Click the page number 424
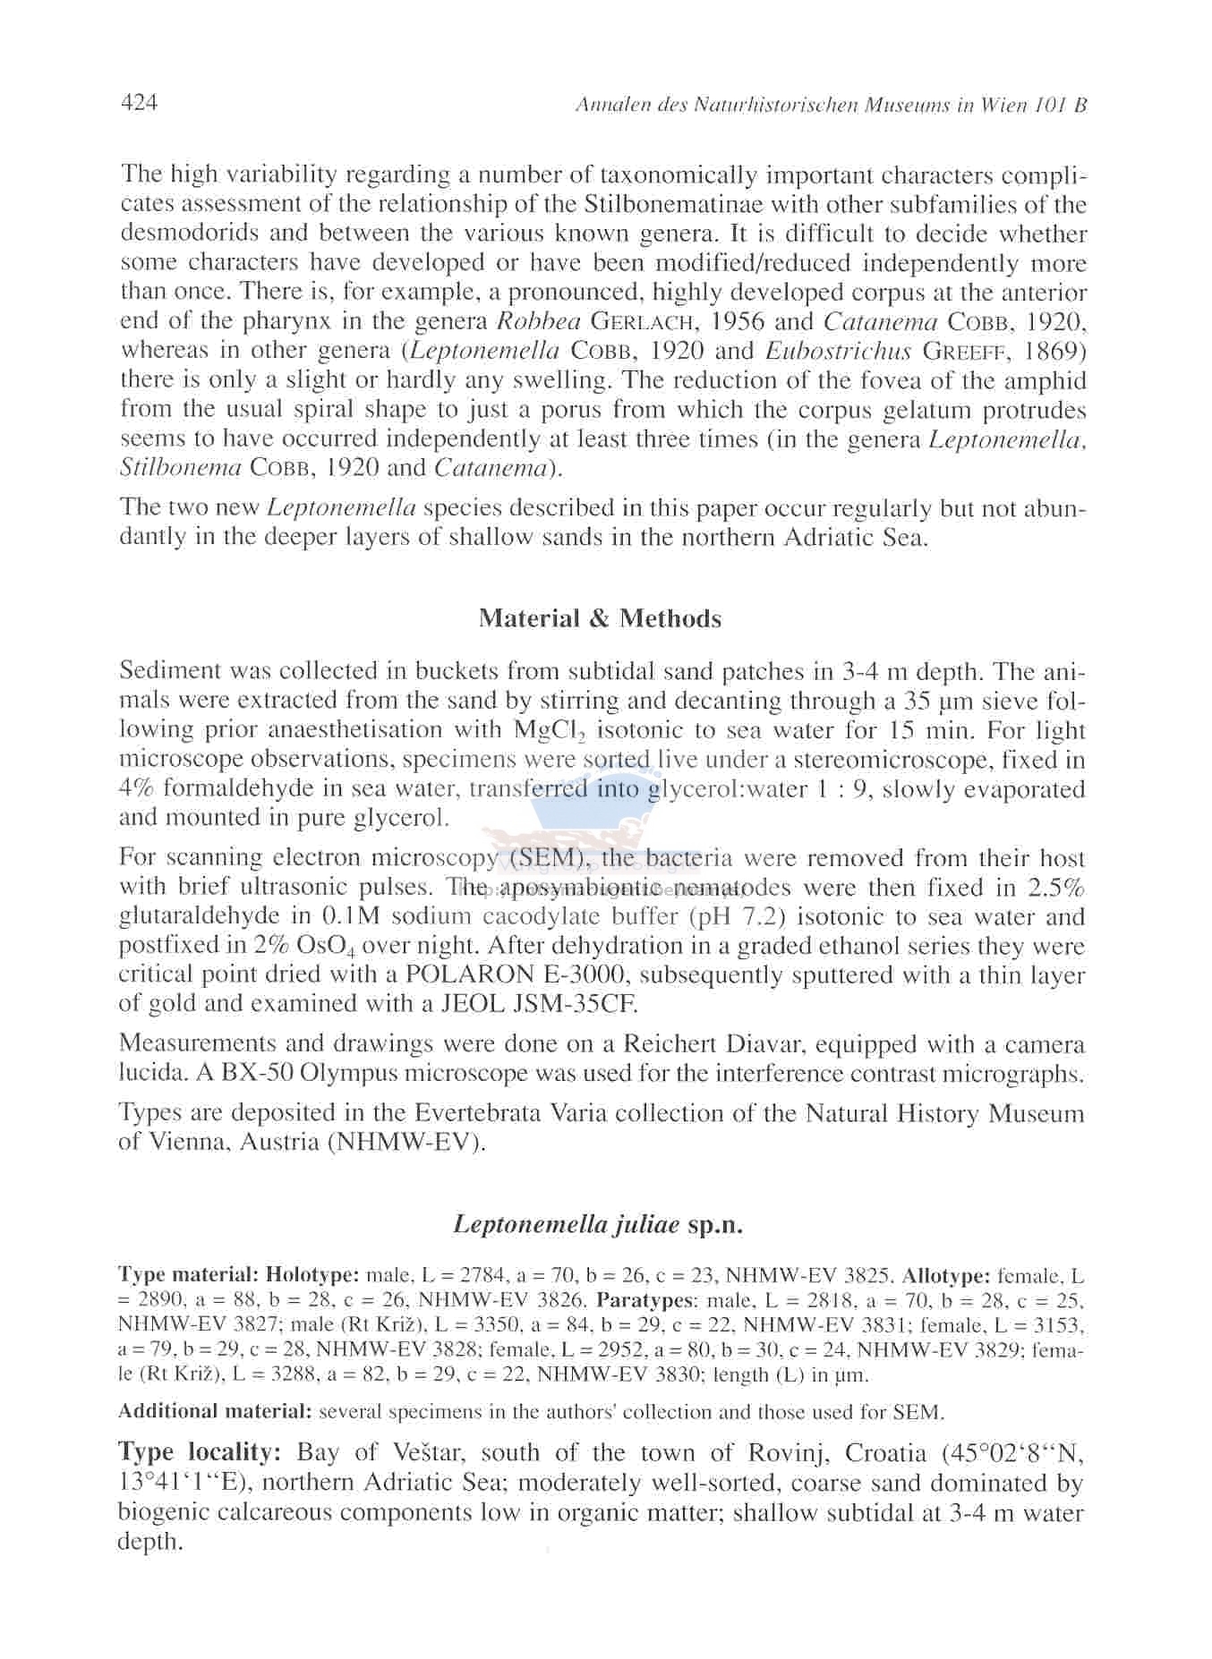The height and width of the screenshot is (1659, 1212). pos(139,104)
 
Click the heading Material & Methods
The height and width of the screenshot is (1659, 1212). pos(600,618)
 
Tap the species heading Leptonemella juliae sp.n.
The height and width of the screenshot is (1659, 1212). pos(598,1223)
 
